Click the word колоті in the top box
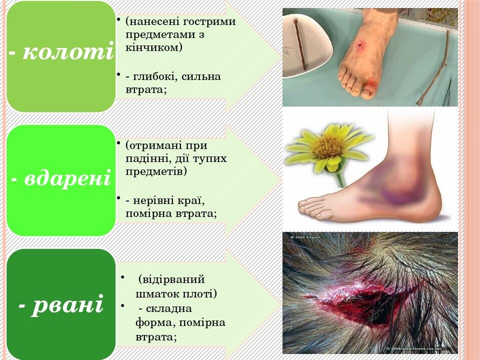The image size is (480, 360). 68,52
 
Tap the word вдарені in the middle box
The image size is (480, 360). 67,178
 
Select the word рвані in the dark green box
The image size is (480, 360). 67,304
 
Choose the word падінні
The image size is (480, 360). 144,158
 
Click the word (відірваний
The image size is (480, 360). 172,279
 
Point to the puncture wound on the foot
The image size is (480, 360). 359,47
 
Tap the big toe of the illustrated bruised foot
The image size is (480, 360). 306,204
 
